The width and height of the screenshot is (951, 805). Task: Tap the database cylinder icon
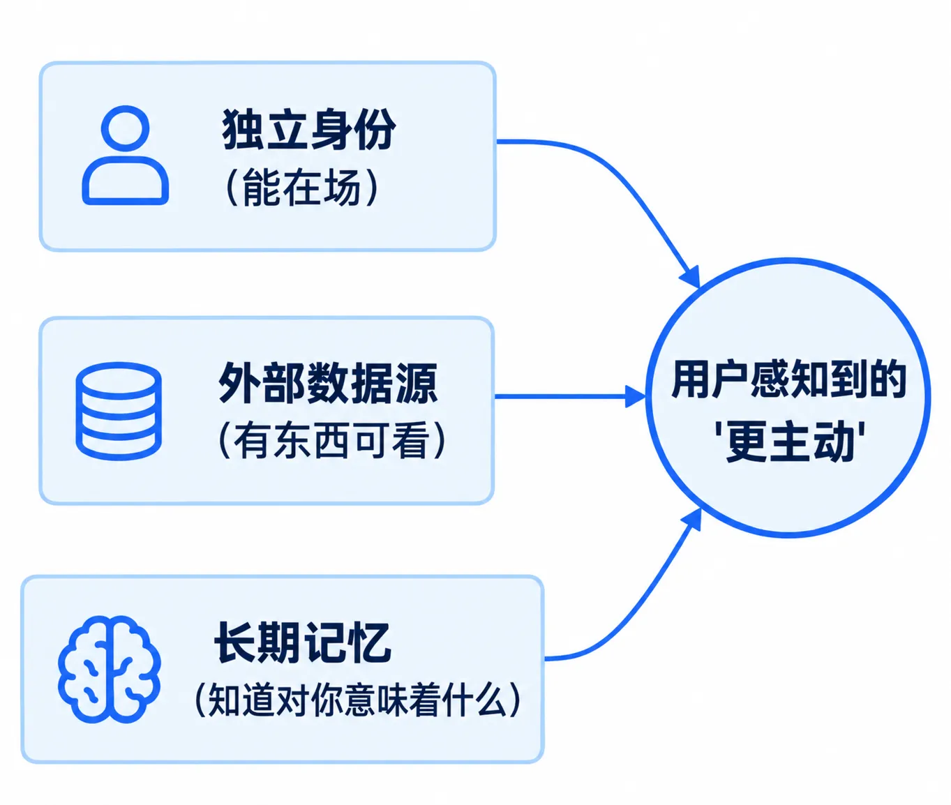click(x=119, y=411)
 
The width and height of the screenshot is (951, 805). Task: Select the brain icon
click(x=110, y=669)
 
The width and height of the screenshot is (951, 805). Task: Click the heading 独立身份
click(x=308, y=129)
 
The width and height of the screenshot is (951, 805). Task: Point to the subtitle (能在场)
click(x=302, y=187)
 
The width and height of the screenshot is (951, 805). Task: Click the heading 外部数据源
click(x=327, y=383)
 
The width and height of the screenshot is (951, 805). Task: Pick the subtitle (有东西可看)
click(x=331, y=440)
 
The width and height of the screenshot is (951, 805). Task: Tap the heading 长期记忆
click(x=303, y=642)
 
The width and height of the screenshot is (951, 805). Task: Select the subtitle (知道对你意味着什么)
click(x=358, y=700)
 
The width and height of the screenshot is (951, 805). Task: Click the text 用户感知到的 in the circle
click(x=788, y=379)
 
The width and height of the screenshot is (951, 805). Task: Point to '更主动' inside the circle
click(x=790, y=442)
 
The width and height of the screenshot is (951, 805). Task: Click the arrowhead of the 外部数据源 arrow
click(x=636, y=396)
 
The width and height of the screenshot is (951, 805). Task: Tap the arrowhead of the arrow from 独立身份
click(x=691, y=277)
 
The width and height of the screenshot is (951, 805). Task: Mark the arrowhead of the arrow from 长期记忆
click(x=691, y=520)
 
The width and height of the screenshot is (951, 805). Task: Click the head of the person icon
click(x=125, y=128)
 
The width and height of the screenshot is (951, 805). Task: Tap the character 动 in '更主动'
click(x=834, y=442)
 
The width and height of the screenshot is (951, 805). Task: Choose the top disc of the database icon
click(x=119, y=379)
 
